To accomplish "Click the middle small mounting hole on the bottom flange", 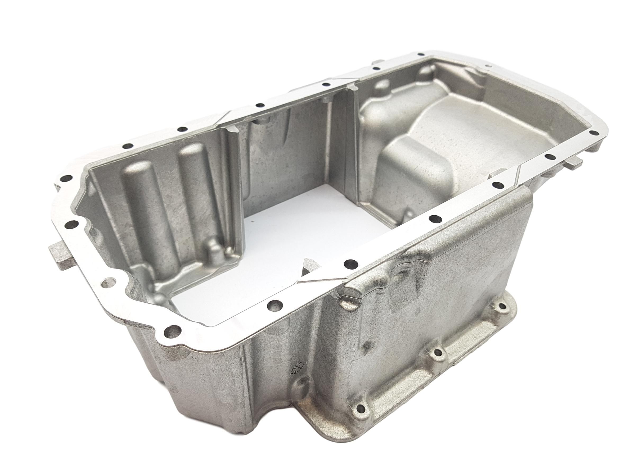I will pos(438,352).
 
